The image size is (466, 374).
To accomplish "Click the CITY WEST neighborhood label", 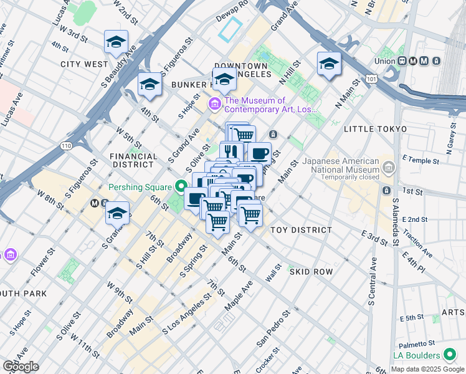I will point(84,64).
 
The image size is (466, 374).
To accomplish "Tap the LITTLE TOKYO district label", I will point(375,129).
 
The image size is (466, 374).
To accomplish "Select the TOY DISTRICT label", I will point(301,230).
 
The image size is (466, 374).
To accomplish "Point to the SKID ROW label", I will point(311,272).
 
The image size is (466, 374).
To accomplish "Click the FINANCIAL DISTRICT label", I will point(131,160).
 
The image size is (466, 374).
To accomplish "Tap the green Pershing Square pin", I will point(181,186).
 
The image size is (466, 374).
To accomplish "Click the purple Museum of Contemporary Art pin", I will point(215,103).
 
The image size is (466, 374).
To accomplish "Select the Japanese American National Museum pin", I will point(389,167).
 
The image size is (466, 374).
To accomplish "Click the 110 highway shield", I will point(65,145).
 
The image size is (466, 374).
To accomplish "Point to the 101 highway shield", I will point(372,80).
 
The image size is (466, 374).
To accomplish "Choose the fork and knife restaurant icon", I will point(231,151).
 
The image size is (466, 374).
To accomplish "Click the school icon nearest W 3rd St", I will point(116,42).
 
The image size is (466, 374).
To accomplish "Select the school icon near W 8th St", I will point(117,213).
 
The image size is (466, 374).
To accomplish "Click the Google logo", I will point(20,367).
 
